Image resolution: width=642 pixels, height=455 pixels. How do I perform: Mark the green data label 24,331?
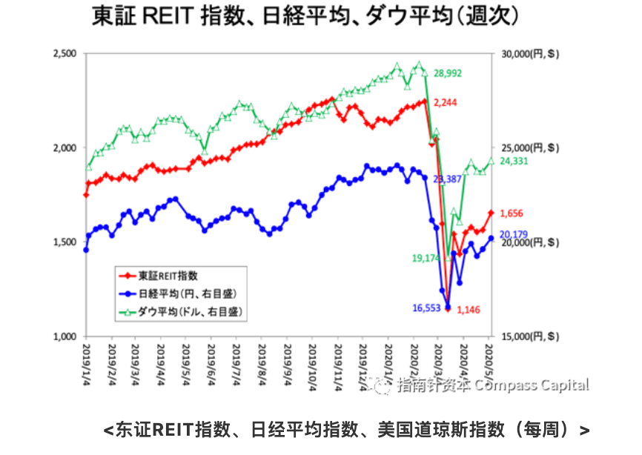point(515,161)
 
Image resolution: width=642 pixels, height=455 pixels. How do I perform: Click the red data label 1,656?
point(511,213)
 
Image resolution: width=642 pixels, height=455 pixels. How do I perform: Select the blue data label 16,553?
point(428,308)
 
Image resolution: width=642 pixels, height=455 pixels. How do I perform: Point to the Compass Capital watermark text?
point(532,385)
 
